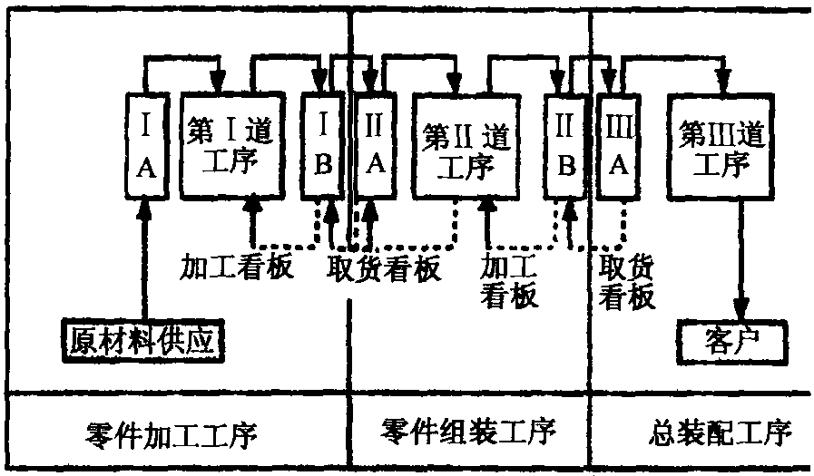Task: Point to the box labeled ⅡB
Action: click(565, 147)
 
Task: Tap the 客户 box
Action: click(731, 343)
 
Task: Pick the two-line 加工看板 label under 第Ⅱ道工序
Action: click(508, 280)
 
